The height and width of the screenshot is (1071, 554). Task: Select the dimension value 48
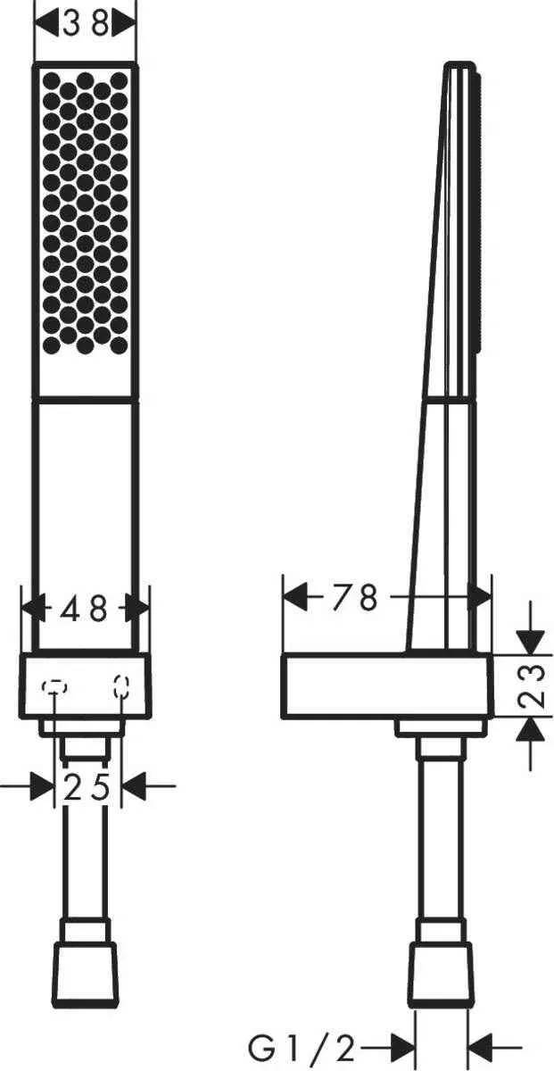[x=85, y=609]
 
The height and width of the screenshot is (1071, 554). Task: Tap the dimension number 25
[x=87, y=787]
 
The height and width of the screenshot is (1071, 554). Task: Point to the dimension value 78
[x=354, y=597]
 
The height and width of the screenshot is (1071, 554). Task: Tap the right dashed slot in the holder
[x=120, y=685]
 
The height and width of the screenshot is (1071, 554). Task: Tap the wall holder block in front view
[x=86, y=685]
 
